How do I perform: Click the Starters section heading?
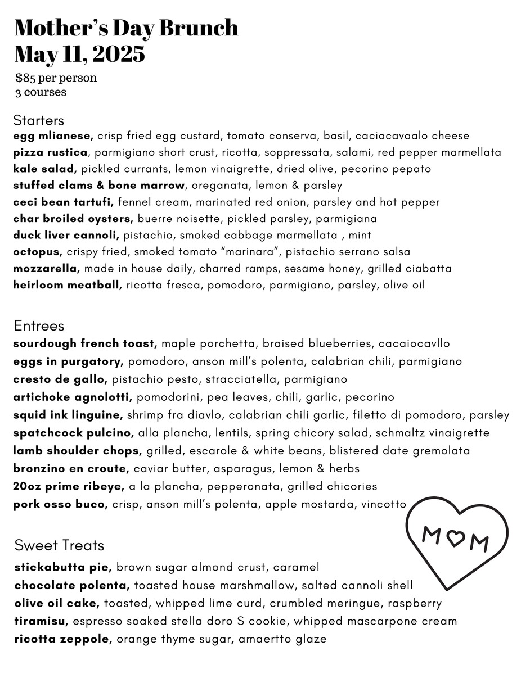(38, 120)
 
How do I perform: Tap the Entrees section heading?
(39, 326)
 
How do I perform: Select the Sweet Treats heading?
(59, 545)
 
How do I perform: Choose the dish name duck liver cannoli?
(66, 235)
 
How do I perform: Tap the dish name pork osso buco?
(60, 504)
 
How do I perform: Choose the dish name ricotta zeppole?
(64, 639)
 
